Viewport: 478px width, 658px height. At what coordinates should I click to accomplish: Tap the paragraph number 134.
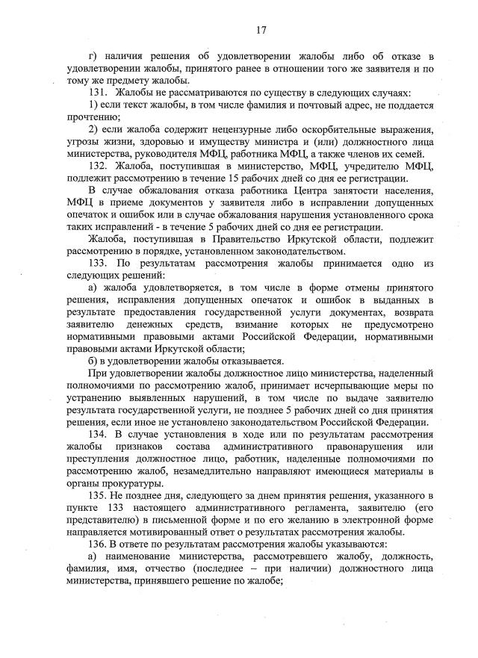click(99, 434)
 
